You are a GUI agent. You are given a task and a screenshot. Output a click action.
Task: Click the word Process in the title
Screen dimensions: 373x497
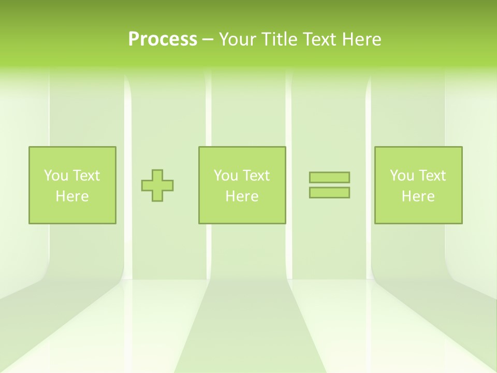tap(163, 39)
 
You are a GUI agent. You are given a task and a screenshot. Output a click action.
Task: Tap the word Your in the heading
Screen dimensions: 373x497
tap(238, 39)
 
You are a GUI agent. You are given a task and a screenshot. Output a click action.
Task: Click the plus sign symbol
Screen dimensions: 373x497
tap(157, 185)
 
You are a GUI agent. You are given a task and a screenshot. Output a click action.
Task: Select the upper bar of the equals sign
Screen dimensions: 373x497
tap(329, 178)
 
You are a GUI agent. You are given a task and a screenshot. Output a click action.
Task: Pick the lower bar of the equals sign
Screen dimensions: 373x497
tap(329, 193)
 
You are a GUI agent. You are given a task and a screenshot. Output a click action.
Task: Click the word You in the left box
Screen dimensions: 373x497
tap(56, 176)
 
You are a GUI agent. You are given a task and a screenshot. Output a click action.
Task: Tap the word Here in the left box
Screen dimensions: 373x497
tap(72, 196)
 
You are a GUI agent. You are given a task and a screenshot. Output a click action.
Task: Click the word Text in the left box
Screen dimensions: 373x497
tap(86, 176)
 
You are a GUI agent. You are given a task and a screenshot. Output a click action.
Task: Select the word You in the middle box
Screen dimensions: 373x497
tap(226, 176)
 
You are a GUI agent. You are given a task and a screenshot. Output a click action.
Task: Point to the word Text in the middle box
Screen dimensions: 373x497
tap(256, 176)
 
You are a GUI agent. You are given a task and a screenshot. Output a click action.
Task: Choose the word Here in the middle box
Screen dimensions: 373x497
tap(242, 196)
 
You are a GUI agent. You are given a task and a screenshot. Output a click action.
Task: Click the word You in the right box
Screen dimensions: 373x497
tap(402, 176)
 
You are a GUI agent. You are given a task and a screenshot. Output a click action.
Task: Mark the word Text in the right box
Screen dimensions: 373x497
tap(432, 176)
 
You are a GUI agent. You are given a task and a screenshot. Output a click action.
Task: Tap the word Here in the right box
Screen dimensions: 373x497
tap(418, 196)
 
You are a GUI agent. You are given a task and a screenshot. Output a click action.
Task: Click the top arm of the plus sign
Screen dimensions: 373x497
tap(157, 175)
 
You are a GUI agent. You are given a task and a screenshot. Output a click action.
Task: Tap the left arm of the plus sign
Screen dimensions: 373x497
tap(147, 185)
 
